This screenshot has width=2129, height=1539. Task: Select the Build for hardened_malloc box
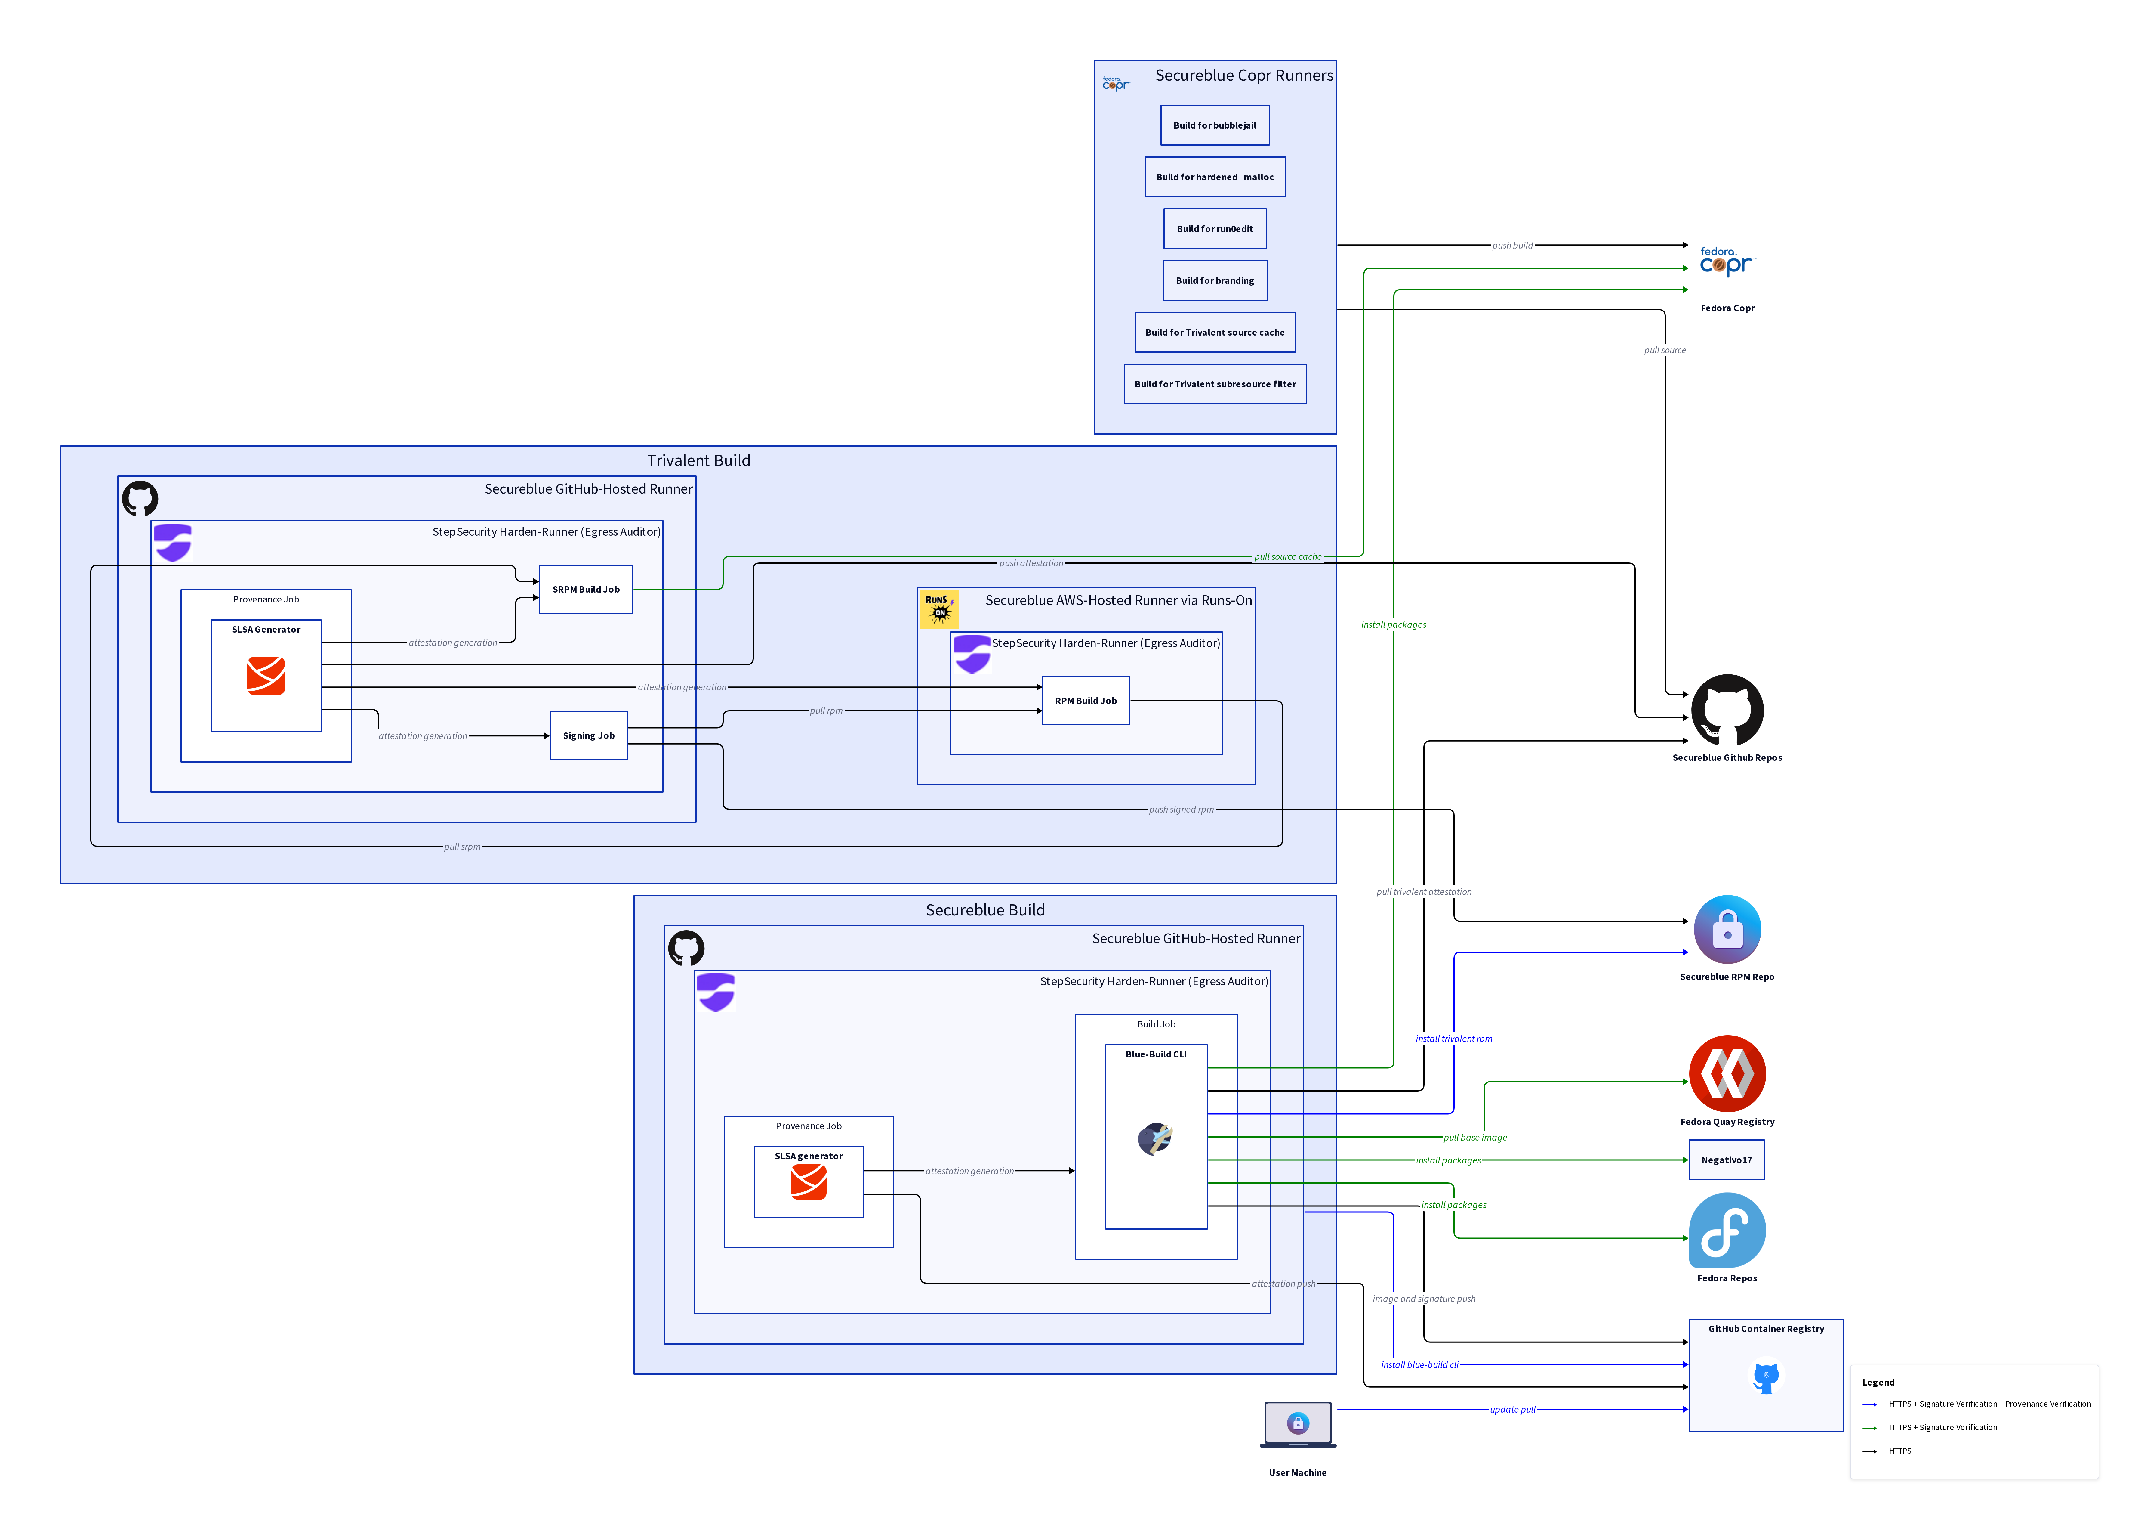click(1215, 177)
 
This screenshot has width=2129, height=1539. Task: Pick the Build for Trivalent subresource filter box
click(1215, 384)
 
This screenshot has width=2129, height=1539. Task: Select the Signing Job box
click(589, 735)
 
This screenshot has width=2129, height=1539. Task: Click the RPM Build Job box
click(1085, 701)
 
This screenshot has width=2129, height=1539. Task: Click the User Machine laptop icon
click(1297, 1423)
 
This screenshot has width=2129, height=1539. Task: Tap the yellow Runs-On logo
click(939, 608)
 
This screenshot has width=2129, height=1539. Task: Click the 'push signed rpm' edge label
click(1181, 810)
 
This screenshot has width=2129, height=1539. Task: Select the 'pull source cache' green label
click(1287, 557)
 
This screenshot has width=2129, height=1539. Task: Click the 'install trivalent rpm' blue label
click(1453, 1039)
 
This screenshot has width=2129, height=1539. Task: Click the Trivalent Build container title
click(698, 460)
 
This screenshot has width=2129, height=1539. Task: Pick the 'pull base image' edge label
click(1475, 1137)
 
